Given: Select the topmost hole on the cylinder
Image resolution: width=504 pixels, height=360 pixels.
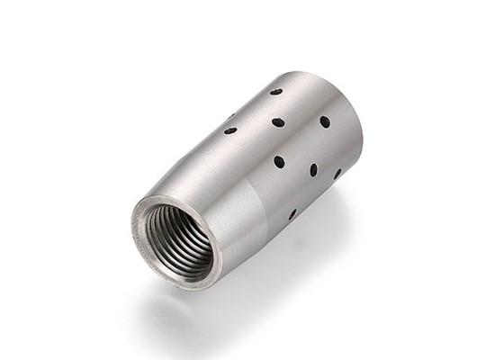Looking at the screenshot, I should (x=275, y=92).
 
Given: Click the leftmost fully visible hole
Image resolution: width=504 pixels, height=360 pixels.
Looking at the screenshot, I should (x=230, y=130).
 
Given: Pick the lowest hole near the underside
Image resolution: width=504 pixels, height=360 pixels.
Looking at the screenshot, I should (x=292, y=214).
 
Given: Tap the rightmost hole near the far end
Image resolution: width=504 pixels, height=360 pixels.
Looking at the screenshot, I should (x=338, y=174).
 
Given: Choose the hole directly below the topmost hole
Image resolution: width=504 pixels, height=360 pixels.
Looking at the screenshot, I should (x=278, y=121).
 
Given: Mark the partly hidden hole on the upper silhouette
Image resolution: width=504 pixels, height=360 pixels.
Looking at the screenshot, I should (x=231, y=115).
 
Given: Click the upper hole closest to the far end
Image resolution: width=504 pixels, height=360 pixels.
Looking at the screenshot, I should (x=325, y=121).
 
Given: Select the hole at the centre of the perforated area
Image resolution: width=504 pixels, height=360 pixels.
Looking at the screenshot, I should (x=279, y=162).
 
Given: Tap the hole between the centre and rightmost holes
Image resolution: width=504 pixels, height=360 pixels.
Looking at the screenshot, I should (x=314, y=169).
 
